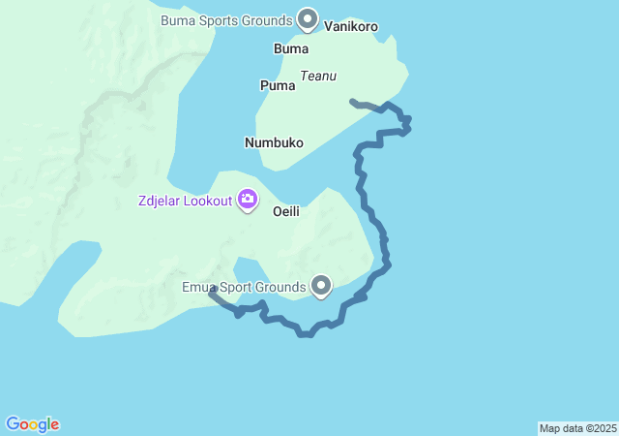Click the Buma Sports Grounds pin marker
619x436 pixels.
point(308,18)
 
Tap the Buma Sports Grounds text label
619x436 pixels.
point(226,20)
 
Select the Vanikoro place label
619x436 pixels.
point(351,27)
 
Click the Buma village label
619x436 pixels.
point(291,48)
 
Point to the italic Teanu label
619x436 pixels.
point(318,76)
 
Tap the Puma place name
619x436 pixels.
point(278,85)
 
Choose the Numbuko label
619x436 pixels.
point(274,142)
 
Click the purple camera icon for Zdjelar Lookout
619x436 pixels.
point(248,200)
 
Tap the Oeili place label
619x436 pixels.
point(289,210)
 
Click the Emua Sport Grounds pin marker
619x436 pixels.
point(321,286)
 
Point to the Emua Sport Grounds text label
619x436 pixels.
point(244,287)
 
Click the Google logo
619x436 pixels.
point(33,424)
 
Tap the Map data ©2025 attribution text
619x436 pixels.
point(577,428)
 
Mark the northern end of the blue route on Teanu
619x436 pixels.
point(352,101)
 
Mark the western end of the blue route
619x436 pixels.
point(212,290)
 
